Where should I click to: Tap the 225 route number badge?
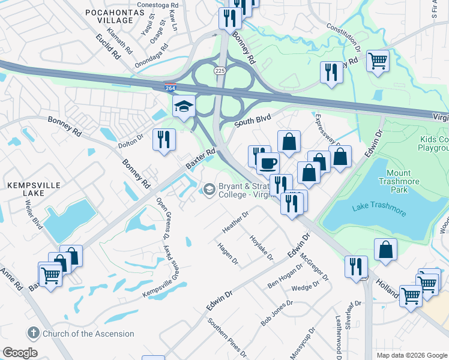click(220, 70)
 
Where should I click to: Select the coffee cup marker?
click(268, 163)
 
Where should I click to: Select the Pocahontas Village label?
click(109, 16)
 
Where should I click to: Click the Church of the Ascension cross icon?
click(32, 333)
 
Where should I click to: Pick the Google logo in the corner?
click(20, 353)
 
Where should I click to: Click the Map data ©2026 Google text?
click(412, 355)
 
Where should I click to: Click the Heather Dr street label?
click(235, 223)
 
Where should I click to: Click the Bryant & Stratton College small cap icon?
click(208, 190)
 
